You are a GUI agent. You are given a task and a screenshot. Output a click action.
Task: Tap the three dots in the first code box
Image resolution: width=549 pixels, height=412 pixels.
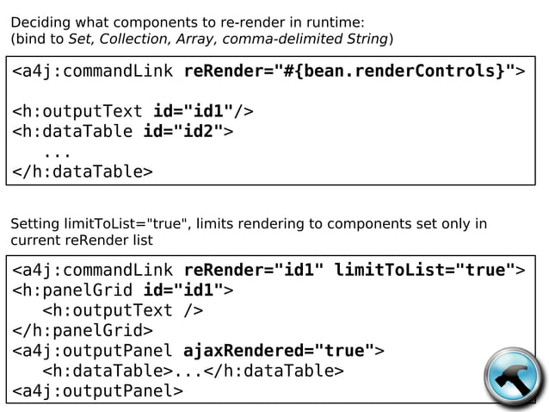pyautogui.click(x=57, y=152)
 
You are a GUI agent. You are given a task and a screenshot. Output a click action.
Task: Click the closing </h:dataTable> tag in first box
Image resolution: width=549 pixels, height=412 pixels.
pyautogui.click(x=82, y=172)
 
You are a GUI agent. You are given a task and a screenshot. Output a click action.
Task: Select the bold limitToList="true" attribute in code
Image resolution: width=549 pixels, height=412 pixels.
pyautogui.click(x=423, y=270)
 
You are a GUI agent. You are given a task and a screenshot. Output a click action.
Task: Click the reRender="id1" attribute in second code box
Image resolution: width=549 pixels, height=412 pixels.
pyautogui.click(x=254, y=270)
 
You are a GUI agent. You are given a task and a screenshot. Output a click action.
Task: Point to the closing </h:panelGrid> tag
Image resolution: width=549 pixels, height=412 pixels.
pyautogui.click(x=82, y=330)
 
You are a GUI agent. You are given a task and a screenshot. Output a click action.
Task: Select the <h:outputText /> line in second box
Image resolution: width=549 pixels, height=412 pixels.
pyautogui.click(x=123, y=310)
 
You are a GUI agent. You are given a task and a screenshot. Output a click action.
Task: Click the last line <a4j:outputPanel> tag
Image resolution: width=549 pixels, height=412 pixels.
pyautogui.click(x=96, y=391)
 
